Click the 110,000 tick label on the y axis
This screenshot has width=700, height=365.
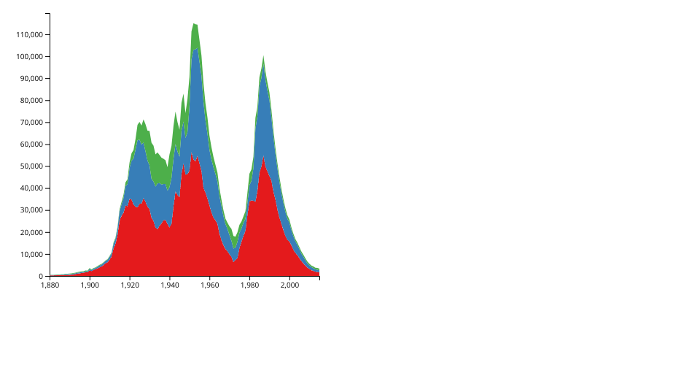[29, 35]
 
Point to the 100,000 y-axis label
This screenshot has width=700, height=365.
[29, 57]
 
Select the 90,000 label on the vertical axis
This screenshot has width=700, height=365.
[31, 79]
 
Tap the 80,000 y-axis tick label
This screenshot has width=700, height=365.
[31, 101]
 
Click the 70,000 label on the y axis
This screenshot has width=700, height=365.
[31, 123]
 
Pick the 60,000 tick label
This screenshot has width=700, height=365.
[31, 145]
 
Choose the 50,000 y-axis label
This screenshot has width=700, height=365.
[31, 166]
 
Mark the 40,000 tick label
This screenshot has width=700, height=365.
[31, 188]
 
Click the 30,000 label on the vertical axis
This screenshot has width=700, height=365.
[31, 210]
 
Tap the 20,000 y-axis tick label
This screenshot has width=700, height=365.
[31, 232]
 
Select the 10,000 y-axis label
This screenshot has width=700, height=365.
[31, 254]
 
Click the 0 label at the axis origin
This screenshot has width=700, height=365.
[41, 277]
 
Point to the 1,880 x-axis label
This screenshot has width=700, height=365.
[50, 285]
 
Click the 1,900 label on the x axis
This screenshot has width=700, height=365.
[90, 285]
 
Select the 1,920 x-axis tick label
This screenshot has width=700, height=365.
[130, 285]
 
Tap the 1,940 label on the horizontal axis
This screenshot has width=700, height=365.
[170, 285]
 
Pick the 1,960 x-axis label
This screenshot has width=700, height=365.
[210, 285]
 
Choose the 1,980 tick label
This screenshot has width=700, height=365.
[249, 285]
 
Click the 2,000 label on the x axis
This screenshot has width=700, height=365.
[289, 285]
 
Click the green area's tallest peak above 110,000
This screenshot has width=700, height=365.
[194, 24]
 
